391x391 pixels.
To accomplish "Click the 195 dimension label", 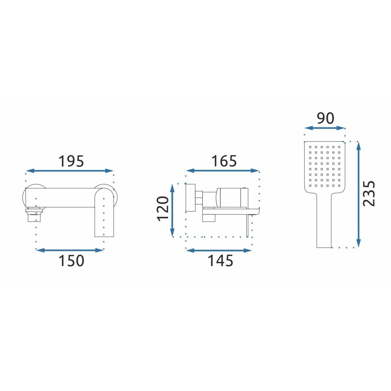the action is click(71, 161).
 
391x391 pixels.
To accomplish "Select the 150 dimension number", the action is click(71, 261).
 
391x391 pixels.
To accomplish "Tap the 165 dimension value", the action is click(224, 161).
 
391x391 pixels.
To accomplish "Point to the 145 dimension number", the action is click(221, 261).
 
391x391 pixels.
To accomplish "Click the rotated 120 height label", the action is click(163, 209).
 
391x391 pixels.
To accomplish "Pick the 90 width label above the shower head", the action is click(326, 118).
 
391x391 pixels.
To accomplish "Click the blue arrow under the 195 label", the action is click(70, 171).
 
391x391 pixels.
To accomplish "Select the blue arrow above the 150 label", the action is click(70, 250).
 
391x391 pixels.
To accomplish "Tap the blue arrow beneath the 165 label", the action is click(223, 171).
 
